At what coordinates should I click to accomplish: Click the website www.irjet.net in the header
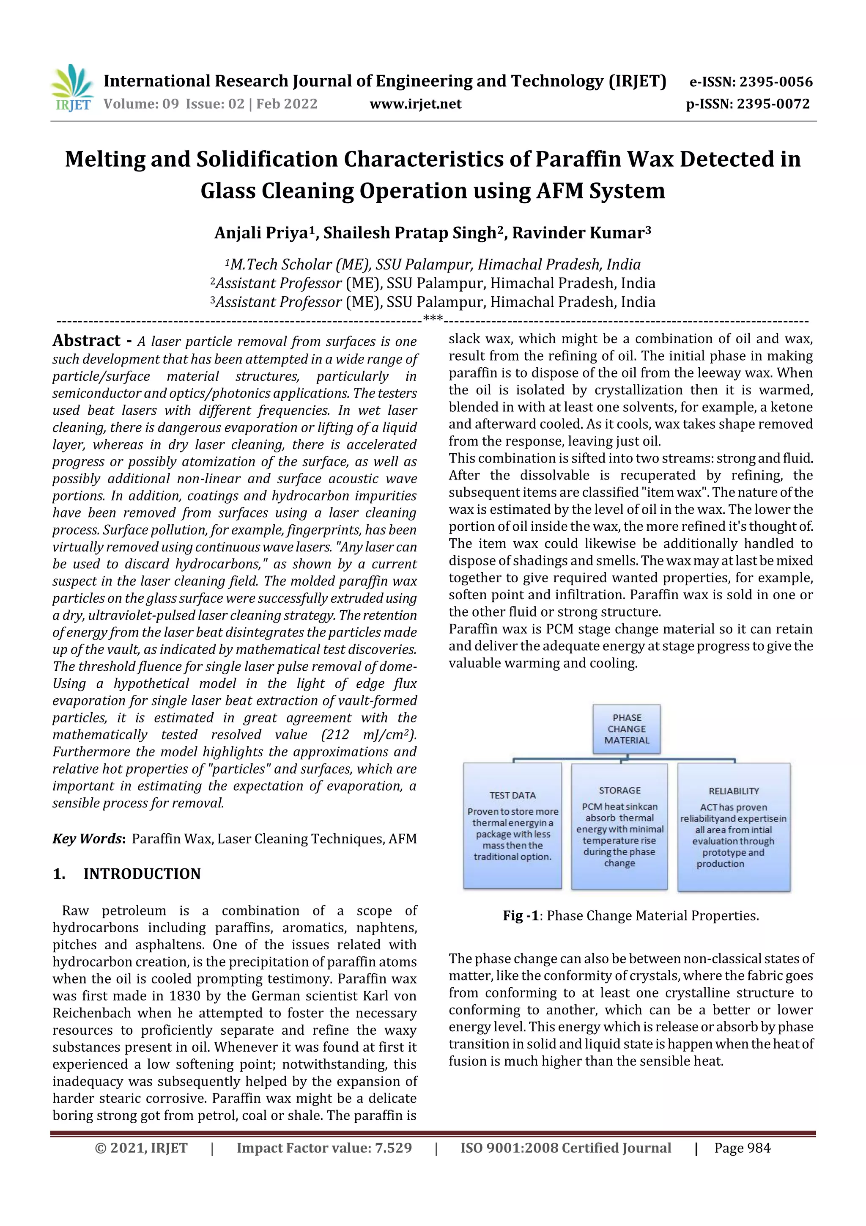coord(415,104)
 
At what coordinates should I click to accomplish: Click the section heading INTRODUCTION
coord(142,873)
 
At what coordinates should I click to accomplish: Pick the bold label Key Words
coord(88,838)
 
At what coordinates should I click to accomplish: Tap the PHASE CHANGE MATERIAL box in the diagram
coord(627,729)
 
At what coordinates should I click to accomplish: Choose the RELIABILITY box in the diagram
coord(734,827)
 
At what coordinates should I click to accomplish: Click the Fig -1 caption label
coord(521,916)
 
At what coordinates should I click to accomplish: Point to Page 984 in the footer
coord(742,1148)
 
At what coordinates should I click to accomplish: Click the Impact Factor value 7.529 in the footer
coord(393,1148)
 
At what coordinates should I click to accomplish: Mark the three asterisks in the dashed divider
coord(432,320)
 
